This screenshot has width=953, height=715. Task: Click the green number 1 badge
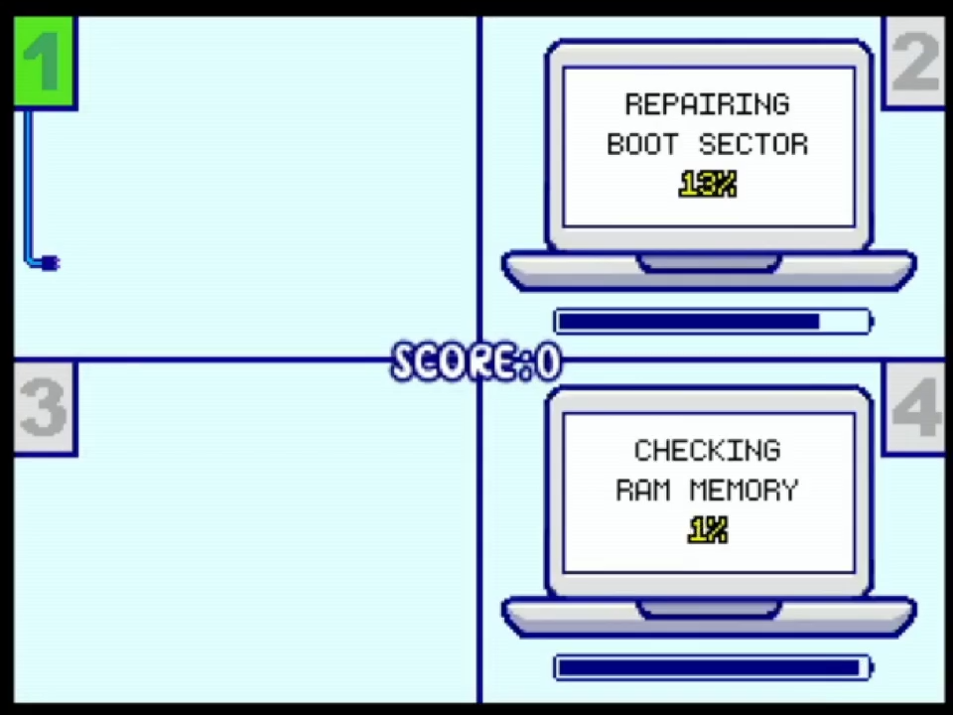click(44, 62)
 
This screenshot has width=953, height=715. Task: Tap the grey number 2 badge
click(915, 62)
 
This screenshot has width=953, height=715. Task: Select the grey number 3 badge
click(44, 407)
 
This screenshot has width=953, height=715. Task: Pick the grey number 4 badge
click(915, 407)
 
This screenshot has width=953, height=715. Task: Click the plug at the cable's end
click(51, 263)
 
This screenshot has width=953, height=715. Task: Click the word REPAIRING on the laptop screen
click(707, 104)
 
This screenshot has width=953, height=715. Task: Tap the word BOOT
click(642, 145)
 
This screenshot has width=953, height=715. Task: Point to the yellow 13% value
click(708, 185)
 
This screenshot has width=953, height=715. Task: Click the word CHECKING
click(707, 451)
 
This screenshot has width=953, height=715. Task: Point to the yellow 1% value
click(708, 531)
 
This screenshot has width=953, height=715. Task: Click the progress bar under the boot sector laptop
click(712, 321)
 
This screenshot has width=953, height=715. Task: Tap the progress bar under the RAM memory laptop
click(712, 666)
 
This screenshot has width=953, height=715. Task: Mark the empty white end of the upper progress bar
click(845, 321)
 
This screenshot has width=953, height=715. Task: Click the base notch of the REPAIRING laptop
click(709, 263)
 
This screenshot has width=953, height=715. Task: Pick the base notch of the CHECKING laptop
click(709, 608)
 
